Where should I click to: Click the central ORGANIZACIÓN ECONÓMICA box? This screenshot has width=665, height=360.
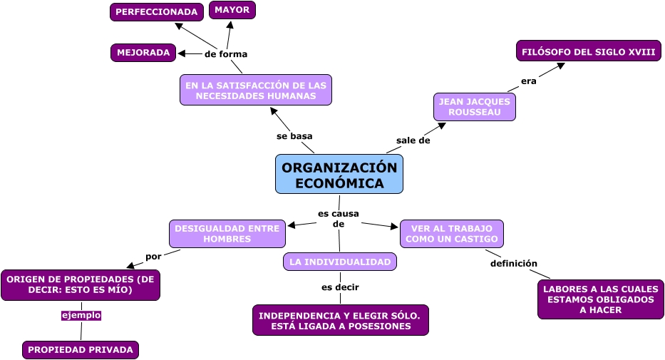coord(339,174)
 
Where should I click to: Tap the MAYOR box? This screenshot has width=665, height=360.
coord(232,10)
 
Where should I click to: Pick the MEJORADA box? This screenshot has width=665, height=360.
coord(143,53)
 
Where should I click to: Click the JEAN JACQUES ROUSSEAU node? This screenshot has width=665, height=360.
coord(475,107)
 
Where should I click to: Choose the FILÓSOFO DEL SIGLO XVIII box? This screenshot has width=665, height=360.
coord(589,52)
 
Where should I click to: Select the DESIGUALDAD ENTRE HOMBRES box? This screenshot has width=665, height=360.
coord(227,234)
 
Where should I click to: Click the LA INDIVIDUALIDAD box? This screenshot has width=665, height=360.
coord(340,262)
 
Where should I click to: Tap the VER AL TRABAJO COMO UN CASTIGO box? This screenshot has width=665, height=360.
coord(452,234)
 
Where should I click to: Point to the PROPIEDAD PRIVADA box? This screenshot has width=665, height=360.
coord(81,350)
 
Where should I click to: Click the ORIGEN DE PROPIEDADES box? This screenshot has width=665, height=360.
coord(81,284)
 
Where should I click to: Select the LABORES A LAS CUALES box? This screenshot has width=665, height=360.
coord(601,299)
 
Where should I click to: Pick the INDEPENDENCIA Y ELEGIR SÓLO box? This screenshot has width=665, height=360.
coord(340,320)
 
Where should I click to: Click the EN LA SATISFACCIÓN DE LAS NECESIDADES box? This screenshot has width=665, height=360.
coord(256,90)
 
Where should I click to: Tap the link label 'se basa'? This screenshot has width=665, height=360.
coord(294,135)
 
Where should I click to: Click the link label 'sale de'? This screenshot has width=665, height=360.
coord(413,140)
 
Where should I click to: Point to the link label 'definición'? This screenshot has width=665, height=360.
coord(514,263)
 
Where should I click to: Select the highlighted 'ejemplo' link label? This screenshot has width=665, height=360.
coord(81,315)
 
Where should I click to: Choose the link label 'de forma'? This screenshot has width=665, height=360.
coord(226,53)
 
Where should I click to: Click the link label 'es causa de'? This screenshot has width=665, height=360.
coord(339,218)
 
